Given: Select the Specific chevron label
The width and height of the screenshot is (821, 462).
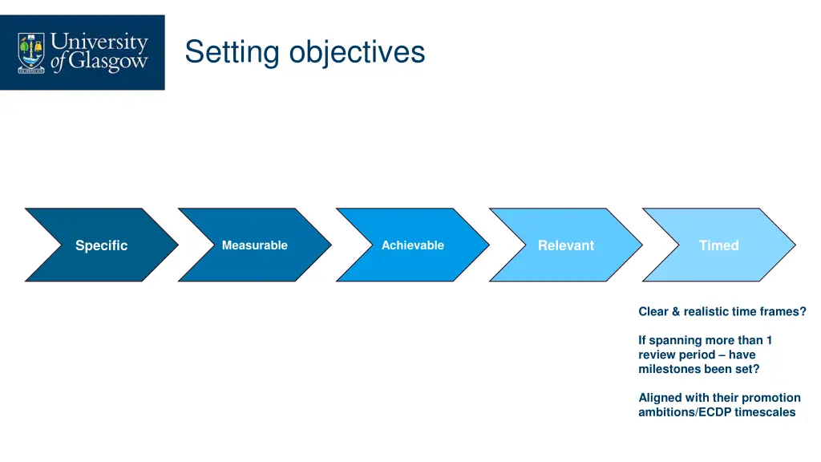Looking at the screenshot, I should point(101,245).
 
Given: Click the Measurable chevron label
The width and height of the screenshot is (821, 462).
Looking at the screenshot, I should point(254,245).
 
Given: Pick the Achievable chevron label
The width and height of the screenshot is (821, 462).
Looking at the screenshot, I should point(412,245).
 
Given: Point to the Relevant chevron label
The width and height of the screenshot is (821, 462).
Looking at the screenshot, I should point(566,245).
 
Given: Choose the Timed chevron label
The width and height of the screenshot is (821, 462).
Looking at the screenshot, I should point(718,245).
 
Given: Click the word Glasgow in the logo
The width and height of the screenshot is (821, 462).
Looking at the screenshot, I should point(107,63).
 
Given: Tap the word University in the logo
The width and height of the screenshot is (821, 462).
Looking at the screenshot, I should point(99,42).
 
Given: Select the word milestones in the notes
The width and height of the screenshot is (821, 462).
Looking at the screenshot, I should point(670,369).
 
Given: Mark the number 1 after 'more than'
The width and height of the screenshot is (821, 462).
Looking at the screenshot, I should point(769,340).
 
